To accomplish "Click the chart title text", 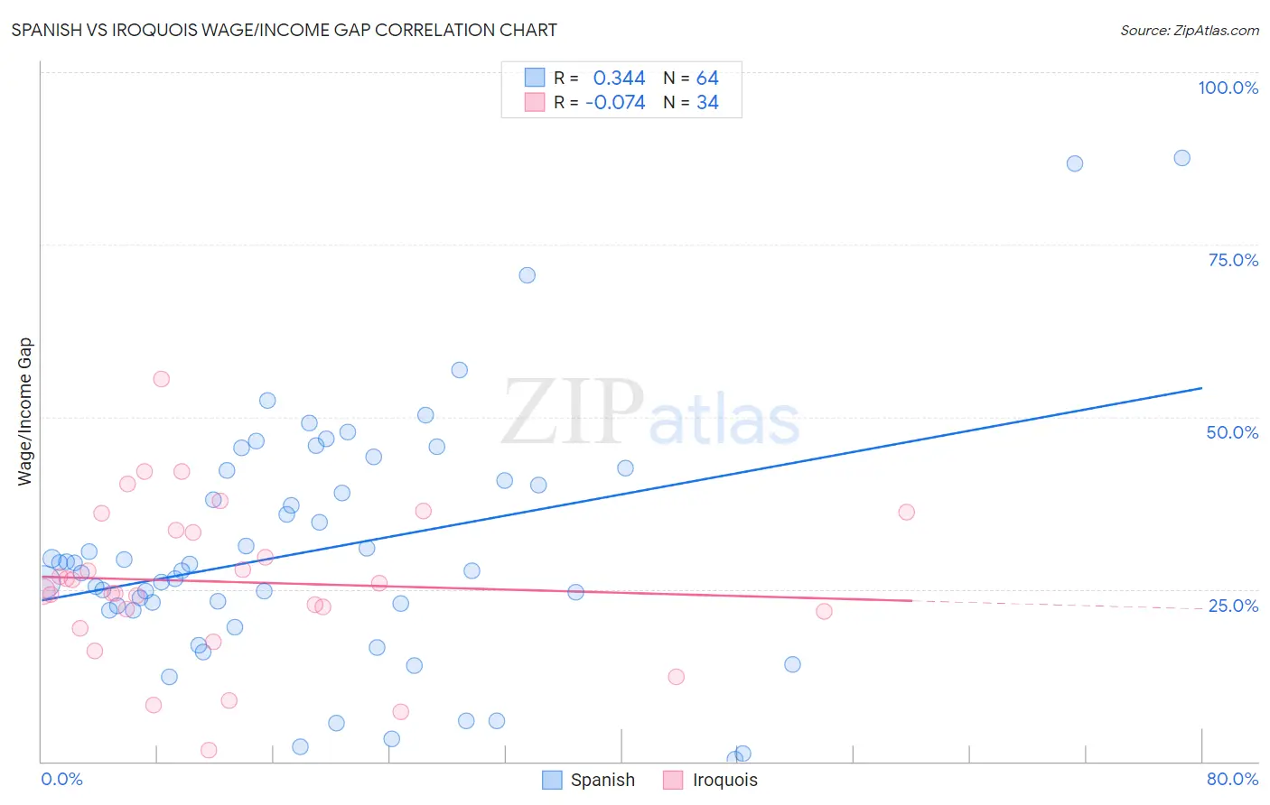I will (284, 30).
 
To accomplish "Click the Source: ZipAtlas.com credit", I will (1189, 30).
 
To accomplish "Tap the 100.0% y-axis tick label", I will (1228, 88).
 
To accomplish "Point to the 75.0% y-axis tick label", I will (1233, 260).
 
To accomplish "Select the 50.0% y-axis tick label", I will (1232, 432).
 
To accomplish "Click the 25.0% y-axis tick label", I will (1233, 606).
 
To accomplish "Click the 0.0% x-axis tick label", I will (61, 779).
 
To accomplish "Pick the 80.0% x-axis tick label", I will (1232, 779).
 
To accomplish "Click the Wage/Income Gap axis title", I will (25, 412).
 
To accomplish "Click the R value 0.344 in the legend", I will (619, 79).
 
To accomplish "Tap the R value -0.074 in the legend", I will (615, 103).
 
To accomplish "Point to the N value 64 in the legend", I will (707, 79).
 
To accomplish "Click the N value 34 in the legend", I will (707, 103).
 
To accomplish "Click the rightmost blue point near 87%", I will (1181, 158).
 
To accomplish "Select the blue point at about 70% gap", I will (528, 275).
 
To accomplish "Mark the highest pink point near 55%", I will (161, 379).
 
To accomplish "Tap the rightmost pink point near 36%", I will (906, 512).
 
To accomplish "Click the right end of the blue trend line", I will (1201, 388).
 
